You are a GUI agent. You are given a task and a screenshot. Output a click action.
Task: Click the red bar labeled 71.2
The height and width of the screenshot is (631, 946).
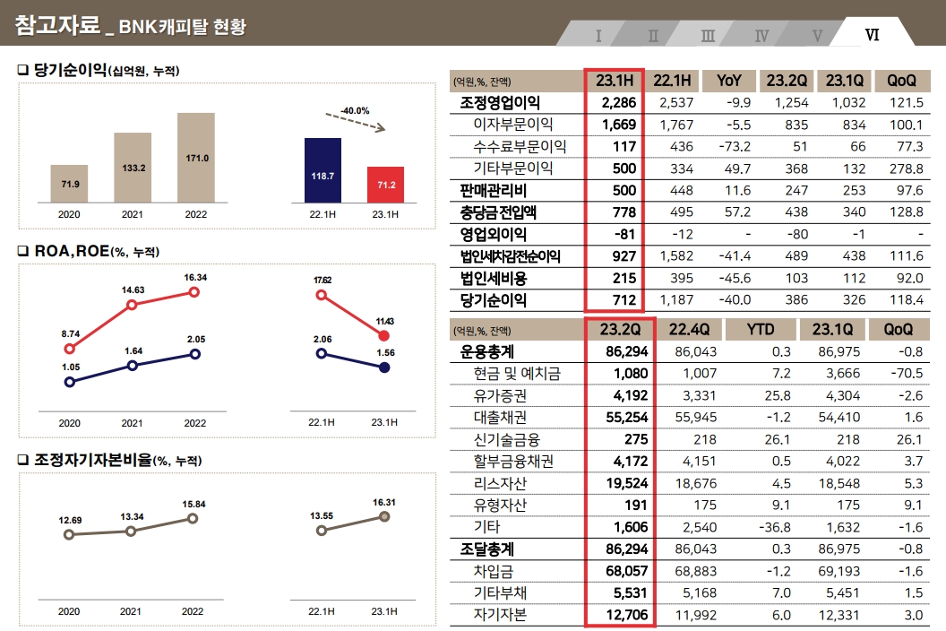pos(385,184)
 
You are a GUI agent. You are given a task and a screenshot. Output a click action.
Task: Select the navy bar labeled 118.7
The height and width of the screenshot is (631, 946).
pos(322,170)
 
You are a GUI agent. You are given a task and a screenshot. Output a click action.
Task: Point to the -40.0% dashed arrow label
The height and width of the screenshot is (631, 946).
pos(355,111)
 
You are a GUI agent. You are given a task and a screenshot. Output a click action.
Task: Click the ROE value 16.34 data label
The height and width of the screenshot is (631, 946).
pos(195,278)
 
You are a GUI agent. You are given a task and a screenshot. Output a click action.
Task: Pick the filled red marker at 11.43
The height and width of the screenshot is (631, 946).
pos(384,335)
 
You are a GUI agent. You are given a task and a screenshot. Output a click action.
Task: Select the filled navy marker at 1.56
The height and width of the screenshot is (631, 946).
pos(384,367)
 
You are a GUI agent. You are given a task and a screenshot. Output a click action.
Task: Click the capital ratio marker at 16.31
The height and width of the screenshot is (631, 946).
pos(384,517)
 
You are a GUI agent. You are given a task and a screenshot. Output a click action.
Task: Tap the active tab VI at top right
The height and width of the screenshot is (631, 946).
pos(872,36)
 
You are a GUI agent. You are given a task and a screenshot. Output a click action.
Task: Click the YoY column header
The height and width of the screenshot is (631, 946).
pos(728,81)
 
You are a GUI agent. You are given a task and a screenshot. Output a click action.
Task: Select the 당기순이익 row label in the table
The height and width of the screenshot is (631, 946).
pos(494,300)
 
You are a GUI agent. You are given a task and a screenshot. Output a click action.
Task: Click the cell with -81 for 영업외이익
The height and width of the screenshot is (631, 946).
pos(623,234)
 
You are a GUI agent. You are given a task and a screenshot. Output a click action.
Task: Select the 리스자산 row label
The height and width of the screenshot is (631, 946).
pos(500,483)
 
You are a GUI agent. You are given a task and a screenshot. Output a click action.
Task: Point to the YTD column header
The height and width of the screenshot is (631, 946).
pos(761,330)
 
